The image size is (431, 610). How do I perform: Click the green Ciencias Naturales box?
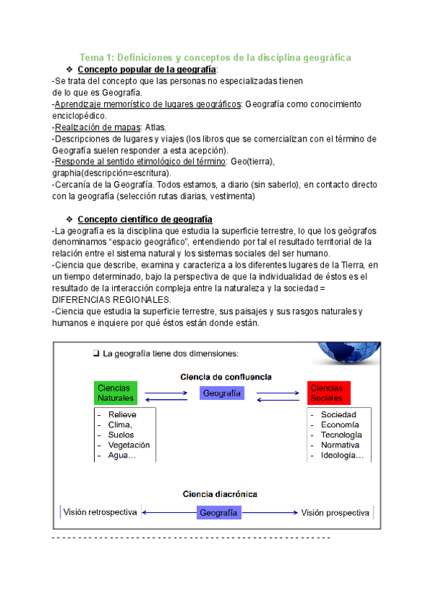pyautogui.click(x=116, y=393)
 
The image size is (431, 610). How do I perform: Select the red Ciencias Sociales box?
pyautogui.click(x=328, y=393)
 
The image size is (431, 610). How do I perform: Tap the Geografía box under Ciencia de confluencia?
pyautogui.click(x=221, y=393)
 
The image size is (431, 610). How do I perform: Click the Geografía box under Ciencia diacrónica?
pyautogui.click(x=219, y=513)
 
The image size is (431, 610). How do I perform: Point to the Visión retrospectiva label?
pyautogui.click(x=100, y=513)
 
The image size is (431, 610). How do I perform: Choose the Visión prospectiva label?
pyautogui.click(x=335, y=513)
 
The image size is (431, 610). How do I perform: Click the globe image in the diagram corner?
pyautogui.click(x=348, y=355)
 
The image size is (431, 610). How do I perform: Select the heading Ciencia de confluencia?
pyautogui.click(x=221, y=376)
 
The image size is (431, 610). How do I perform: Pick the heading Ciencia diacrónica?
pyautogui.click(x=220, y=494)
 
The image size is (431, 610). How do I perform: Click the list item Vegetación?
pyautogui.click(x=129, y=445)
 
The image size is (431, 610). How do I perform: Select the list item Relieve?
pyautogui.click(x=122, y=415)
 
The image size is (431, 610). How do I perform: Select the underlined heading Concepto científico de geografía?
pyautogui.click(x=144, y=219)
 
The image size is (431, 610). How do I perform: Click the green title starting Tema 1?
pyautogui.click(x=215, y=57)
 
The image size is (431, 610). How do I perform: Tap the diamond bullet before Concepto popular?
pyautogui.click(x=70, y=69)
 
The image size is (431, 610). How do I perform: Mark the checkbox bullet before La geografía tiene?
pyautogui.click(x=96, y=353)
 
